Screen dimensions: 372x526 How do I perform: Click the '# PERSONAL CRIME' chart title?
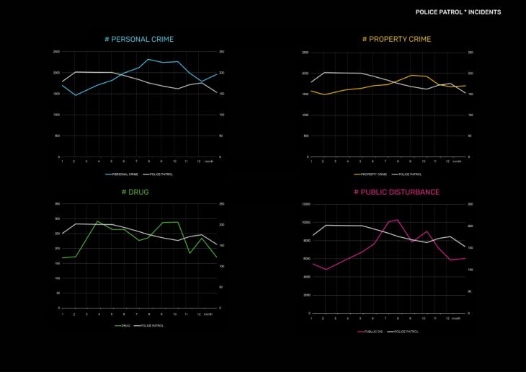click(139, 39)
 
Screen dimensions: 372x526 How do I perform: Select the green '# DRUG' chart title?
click(135, 192)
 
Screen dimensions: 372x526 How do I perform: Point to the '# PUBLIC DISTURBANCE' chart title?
click(396, 192)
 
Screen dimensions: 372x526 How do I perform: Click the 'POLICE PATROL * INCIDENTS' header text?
click(458, 12)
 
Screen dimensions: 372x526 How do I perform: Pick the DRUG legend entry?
click(125, 325)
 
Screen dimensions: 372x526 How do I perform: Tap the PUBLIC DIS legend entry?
click(372, 331)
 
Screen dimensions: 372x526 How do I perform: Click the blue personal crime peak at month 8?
click(148, 59)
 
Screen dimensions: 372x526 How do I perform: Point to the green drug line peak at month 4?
click(98, 221)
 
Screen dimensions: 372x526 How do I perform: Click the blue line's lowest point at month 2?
click(76, 95)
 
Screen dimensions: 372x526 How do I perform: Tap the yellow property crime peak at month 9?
click(411, 75)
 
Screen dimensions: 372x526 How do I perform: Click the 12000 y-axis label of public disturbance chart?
click(306, 204)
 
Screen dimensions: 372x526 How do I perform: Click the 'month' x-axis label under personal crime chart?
click(209, 161)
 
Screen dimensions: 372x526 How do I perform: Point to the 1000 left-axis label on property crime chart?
click(306, 115)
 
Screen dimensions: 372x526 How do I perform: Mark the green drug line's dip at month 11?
click(189, 253)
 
